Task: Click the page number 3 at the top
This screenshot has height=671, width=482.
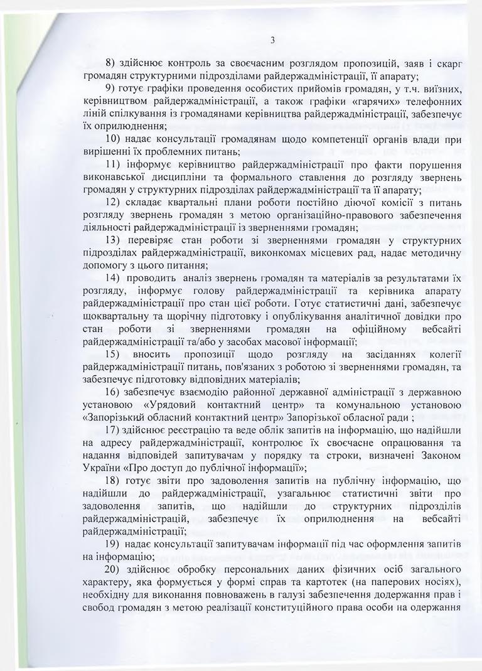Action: (272, 41)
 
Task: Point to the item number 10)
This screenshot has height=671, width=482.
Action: (114, 138)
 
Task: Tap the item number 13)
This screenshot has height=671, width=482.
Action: (114, 240)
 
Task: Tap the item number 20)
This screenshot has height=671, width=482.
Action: (114, 571)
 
